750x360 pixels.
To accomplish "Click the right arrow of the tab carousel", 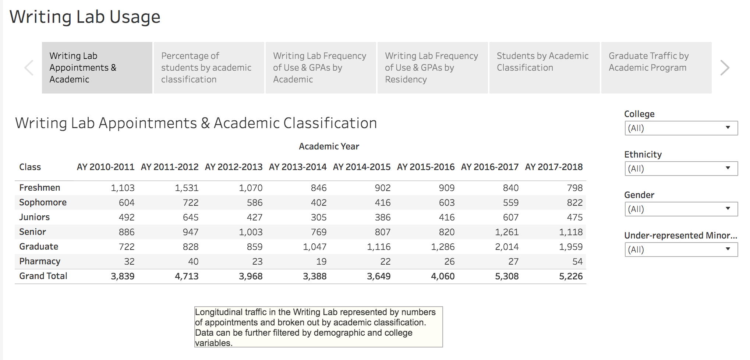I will click(725, 68).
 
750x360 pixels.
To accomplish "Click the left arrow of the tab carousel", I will click(29, 68).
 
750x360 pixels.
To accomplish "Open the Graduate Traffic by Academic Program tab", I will click(656, 68).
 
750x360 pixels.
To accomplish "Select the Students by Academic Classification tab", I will click(544, 68).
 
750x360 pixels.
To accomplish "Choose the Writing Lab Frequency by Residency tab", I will click(432, 68).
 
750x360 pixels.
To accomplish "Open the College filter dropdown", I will click(681, 128).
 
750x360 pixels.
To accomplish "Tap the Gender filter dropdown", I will click(681, 209).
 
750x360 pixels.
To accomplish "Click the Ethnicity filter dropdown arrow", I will click(728, 168).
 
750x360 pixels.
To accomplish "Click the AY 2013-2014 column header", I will click(298, 167).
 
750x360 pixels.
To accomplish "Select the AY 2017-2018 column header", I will click(554, 167).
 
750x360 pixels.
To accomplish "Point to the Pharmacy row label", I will click(40, 261).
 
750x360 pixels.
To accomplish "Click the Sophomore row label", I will click(43, 202).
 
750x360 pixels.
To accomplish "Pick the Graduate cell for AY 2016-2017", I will click(507, 247).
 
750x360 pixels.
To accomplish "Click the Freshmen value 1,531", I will click(187, 188).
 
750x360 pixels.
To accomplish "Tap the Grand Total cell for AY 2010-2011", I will click(123, 276).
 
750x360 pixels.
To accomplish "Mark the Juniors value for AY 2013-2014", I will click(318, 218).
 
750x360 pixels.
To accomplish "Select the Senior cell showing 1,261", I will click(507, 232).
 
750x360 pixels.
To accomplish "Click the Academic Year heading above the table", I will click(329, 147).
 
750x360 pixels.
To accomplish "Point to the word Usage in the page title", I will click(135, 17).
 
